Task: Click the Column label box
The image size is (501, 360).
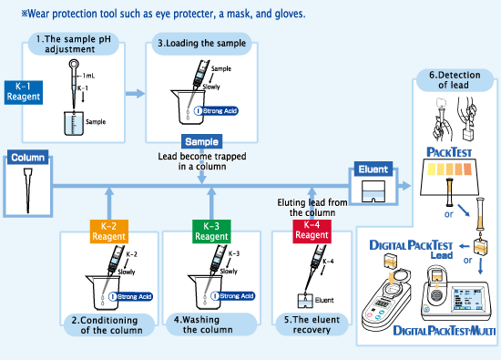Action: point(27,158)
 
